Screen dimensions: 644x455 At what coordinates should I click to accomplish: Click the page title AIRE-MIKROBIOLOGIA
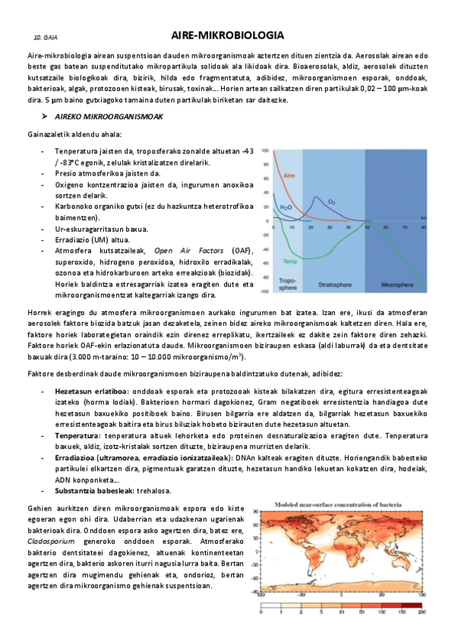click(x=227, y=35)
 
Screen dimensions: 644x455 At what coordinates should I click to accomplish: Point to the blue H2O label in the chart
click(x=286, y=207)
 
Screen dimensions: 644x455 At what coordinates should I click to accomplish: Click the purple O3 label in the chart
click(x=331, y=202)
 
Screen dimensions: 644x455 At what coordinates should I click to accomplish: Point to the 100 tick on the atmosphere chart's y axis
click(x=265, y=150)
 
